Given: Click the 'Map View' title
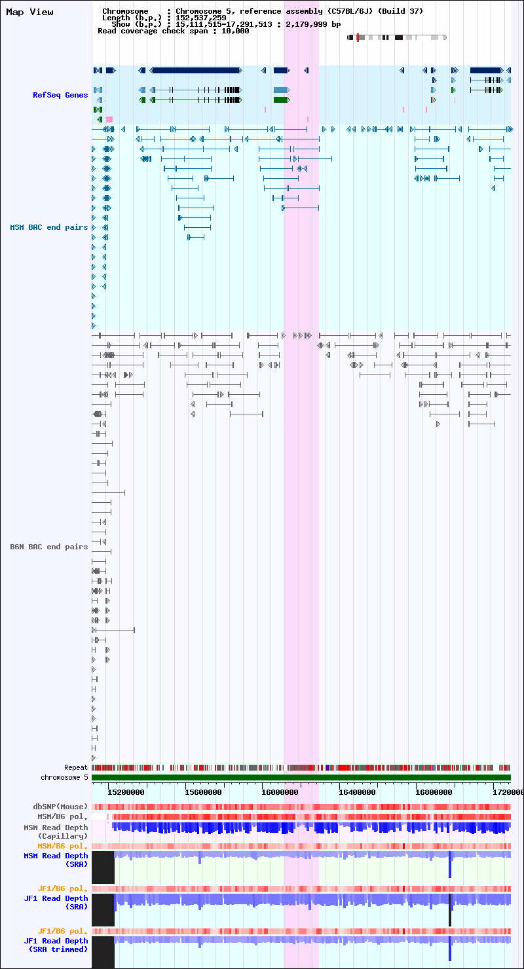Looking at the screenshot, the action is [x=29, y=12].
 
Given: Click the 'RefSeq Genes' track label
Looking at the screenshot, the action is [x=60, y=95].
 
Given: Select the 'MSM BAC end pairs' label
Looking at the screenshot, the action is [x=49, y=227].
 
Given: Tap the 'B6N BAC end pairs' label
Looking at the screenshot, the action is [x=49, y=547].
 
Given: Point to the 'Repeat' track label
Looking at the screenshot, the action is [x=76, y=767].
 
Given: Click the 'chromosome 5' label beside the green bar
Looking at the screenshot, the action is [x=64, y=777].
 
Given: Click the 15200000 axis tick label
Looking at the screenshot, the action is [x=126, y=792].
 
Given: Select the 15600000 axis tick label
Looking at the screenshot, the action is [x=203, y=792].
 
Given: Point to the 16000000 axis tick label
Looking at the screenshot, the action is [x=280, y=792].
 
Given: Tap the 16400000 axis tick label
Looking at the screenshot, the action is [x=357, y=792].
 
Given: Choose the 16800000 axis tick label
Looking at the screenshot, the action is [x=434, y=792].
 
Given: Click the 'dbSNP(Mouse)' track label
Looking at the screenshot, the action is [x=60, y=807].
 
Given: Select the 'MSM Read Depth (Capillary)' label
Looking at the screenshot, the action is [x=56, y=832].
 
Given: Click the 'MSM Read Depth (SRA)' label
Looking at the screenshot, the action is [x=56, y=860].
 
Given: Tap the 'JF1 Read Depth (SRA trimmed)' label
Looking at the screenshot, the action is [x=56, y=945].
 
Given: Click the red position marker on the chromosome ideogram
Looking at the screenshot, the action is [x=358, y=37].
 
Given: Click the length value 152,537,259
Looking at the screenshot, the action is [x=201, y=18].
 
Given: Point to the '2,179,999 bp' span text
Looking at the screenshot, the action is [x=313, y=24].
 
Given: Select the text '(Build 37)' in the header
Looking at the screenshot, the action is [x=400, y=11].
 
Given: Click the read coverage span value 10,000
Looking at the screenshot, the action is [x=235, y=31].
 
